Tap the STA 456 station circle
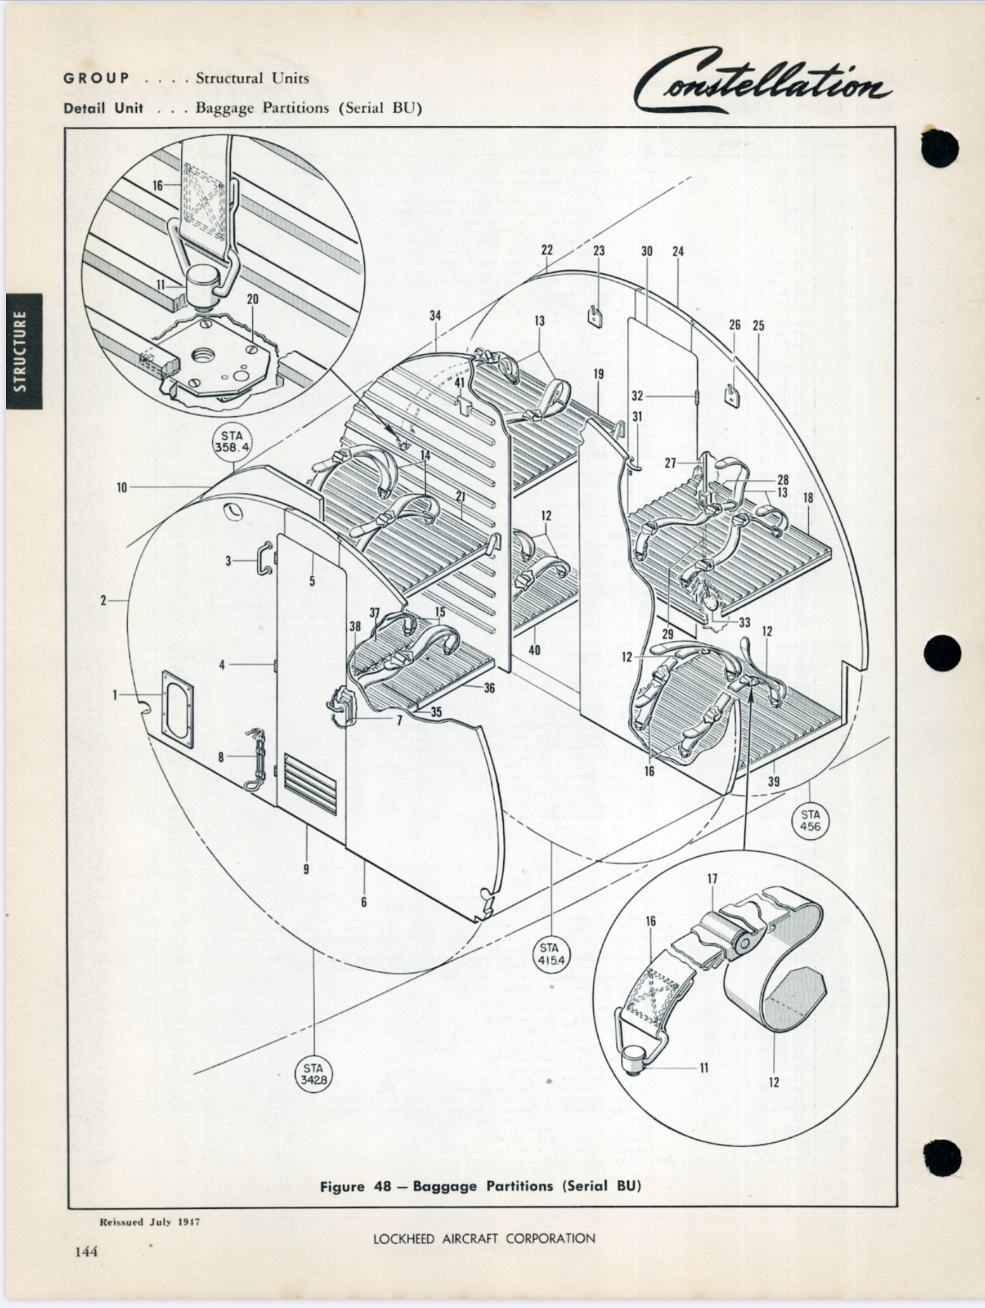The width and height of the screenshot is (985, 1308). point(809,820)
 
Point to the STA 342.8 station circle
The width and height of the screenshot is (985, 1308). point(313,1073)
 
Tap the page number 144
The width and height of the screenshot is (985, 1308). point(86,1251)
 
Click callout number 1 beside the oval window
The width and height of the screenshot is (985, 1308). point(115,695)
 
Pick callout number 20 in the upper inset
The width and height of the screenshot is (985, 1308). point(252,299)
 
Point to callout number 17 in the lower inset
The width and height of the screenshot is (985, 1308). point(712,878)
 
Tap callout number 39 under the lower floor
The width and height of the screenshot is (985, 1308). point(774,781)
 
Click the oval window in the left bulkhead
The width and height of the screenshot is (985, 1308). point(178,708)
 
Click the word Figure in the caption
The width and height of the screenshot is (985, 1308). point(342,1186)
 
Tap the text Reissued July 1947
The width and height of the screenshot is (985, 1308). point(150,1222)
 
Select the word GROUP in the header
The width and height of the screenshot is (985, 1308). point(97,78)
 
